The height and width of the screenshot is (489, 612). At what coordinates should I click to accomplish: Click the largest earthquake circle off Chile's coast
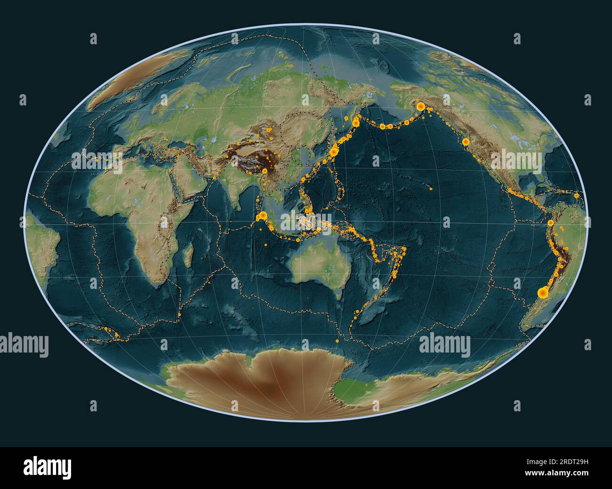542,293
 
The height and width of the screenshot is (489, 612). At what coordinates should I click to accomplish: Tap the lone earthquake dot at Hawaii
431,189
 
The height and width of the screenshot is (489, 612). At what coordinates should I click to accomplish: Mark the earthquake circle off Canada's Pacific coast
465,142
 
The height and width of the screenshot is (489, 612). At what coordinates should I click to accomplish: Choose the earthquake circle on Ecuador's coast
550,223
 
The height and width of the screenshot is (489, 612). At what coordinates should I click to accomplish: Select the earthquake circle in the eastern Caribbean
576,195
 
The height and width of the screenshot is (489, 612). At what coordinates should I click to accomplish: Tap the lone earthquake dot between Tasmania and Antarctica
337,340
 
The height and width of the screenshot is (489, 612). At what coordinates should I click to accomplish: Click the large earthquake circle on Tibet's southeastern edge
265,171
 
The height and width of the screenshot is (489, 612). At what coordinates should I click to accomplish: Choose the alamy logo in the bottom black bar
48,468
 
